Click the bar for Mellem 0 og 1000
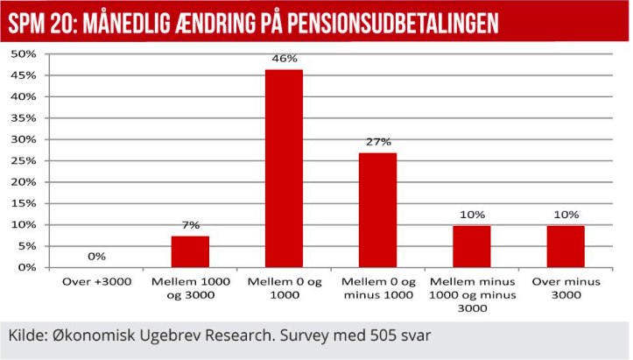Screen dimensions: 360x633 coord(285,168)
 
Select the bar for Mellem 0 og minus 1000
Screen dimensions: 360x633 coord(378,209)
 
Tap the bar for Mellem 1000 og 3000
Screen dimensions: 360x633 coord(190,251)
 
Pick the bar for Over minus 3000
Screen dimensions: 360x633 coord(566,246)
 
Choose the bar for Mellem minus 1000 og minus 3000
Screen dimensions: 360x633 coord(472,246)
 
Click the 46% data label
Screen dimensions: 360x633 coord(285,60)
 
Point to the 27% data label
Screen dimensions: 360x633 coord(378,142)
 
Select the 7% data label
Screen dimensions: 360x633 coord(191,226)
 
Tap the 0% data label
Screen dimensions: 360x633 coord(96,257)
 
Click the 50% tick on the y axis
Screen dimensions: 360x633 coord(24,54)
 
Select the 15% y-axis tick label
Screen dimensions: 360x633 coord(24,203)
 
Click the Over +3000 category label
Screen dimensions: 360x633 coord(96,282)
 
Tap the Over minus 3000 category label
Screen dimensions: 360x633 coord(566,288)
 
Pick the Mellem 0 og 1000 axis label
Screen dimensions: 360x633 coord(285,288)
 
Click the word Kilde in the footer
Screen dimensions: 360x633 coord(27,336)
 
